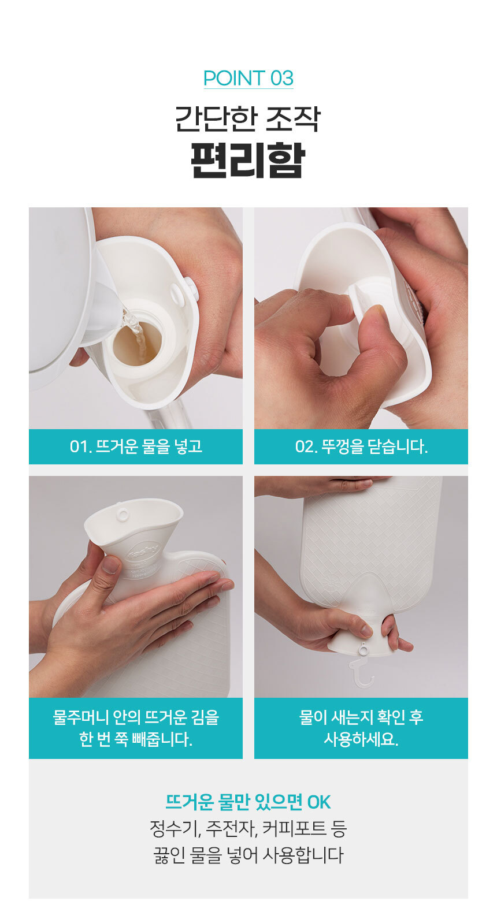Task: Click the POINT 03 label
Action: click(248, 79)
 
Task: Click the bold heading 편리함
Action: click(248, 160)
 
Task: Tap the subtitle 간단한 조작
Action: click(248, 118)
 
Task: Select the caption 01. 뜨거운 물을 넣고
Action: click(136, 446)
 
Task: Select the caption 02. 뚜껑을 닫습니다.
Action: click(361, 446)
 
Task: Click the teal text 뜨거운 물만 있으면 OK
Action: click(248, 802)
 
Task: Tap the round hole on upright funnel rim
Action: click(123, 514)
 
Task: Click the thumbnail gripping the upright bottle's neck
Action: click(110, 564)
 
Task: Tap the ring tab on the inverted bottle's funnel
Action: click(363, 650)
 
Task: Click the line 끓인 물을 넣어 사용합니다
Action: click(248, 855)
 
